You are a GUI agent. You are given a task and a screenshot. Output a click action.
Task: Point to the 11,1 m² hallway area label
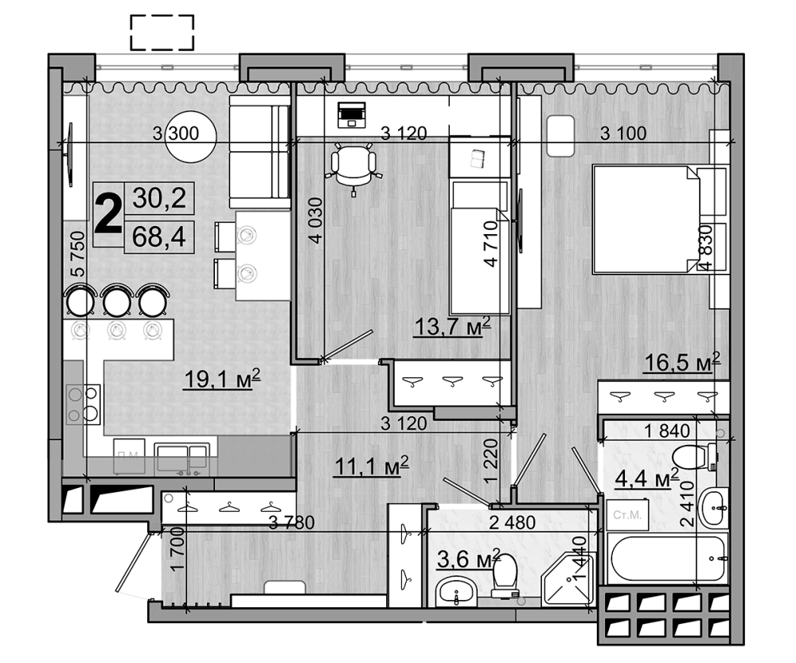click(x=370, y=464)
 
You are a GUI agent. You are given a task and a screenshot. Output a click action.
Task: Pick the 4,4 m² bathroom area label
click(x=646, y=479)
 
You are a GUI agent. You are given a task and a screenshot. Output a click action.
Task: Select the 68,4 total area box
click(x=158, y=236)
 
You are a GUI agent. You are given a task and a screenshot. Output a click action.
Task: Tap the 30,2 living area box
click(x=158, y=197)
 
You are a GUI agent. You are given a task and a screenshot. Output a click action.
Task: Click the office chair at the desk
click(x=353, y=165)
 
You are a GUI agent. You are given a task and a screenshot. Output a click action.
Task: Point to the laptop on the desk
click(x=351, y=115)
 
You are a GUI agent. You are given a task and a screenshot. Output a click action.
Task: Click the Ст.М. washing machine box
click(x=628, y=515)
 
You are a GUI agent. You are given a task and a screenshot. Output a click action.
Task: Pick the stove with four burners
click(x=83, y=404)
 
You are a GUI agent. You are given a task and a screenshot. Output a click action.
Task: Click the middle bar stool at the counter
click(x=117, y=302)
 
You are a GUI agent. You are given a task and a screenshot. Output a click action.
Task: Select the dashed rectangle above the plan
click(x=162, y=33)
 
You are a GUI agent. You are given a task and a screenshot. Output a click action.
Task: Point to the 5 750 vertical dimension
click(x=77, y=254)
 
